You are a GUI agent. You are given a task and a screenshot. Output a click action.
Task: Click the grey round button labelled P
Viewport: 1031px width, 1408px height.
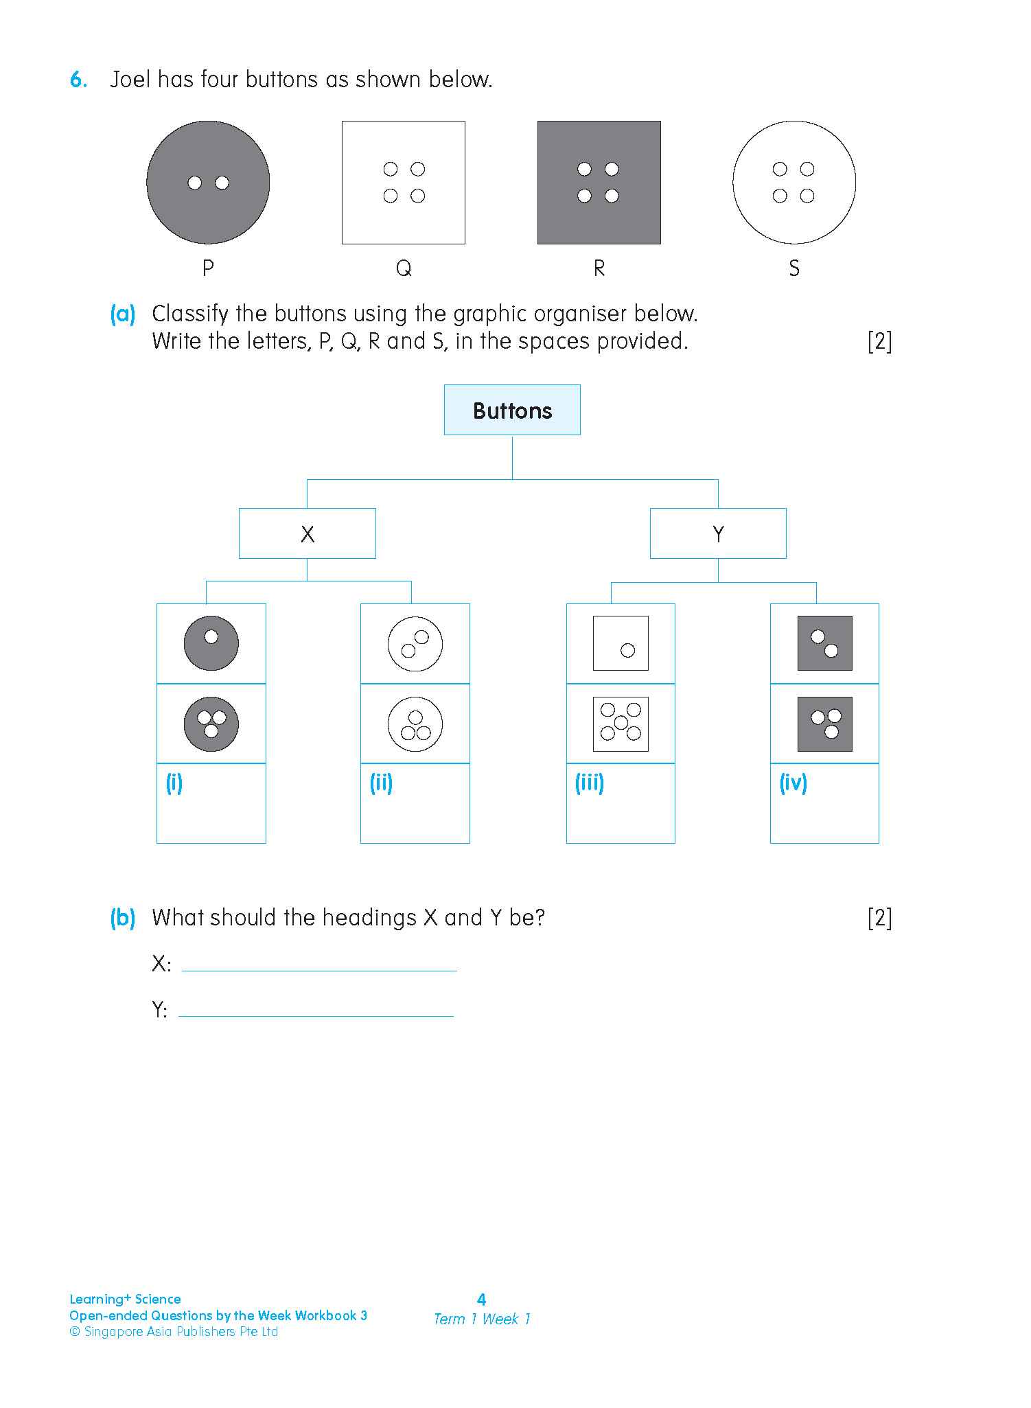tap(208, 183)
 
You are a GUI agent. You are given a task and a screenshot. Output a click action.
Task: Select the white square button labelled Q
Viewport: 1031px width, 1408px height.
tap(404, 183)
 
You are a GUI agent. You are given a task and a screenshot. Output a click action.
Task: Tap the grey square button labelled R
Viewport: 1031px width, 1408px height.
tap(599, 183)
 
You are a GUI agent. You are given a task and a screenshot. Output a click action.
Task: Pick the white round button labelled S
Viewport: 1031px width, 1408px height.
tap(794, 183)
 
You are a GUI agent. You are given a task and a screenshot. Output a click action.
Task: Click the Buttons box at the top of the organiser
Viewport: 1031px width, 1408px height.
tap(512, 411)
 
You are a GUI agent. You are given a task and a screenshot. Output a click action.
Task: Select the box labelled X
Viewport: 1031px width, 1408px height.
tap(307, 533)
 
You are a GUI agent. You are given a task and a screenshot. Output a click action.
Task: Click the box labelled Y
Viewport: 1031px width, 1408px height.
tap(718, 533)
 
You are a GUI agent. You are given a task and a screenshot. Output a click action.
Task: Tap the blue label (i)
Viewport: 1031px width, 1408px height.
tap(174, 783)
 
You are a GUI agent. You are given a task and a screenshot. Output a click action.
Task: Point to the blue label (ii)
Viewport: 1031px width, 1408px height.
tap(381, 783)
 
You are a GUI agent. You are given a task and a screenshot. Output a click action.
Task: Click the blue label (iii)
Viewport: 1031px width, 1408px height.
tap(589, 783)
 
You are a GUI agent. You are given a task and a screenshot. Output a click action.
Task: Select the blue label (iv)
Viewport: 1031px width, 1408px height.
tap(793, 783)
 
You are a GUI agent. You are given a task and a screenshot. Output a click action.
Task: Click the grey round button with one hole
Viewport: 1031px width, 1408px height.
tap(211, 643)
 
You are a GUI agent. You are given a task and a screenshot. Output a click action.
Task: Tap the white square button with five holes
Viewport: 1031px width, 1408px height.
tap(621, 724)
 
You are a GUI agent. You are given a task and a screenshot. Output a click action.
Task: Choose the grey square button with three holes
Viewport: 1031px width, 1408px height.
tap(824, 724)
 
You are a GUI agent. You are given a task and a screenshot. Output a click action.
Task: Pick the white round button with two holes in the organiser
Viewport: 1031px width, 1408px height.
tap(415, 644)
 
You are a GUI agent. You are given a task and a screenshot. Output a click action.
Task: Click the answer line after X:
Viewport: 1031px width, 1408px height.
tap(319, 965)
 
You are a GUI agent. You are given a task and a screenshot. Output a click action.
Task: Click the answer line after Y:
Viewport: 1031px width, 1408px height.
tap(316, 1010)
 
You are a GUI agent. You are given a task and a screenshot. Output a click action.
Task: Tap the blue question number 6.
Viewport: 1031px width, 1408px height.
tap(78, 80)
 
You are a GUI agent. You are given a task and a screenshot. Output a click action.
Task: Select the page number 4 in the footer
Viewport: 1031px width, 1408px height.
tap(481, 1300)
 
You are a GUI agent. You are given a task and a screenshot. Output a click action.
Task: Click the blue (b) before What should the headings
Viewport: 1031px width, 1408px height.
tap(123, 918)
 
